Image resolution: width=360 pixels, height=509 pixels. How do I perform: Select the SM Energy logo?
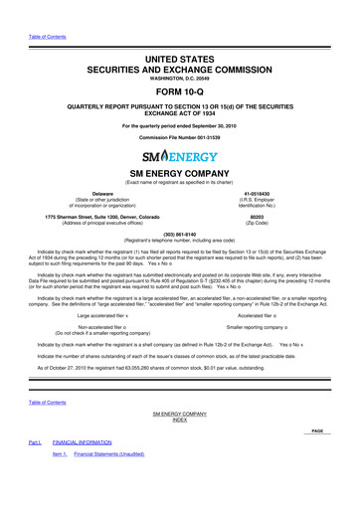point(179,157)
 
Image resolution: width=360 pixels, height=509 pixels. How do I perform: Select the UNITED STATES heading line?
point(179,35)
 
